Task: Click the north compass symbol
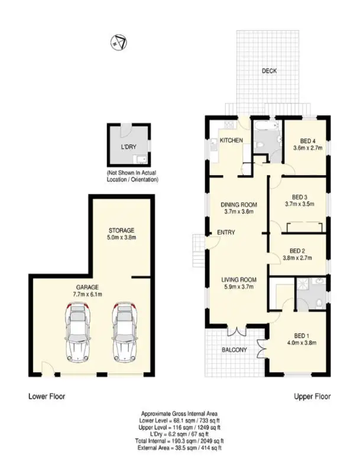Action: coord(117,41)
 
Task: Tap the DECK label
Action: coord(269,71)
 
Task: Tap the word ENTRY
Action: coord(226,232)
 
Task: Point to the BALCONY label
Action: coord(234,350)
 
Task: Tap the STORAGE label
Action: coord(122,230)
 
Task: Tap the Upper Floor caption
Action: coord(312,396)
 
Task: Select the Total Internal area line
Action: coord(180,441)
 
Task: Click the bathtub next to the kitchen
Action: coord(267,126)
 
